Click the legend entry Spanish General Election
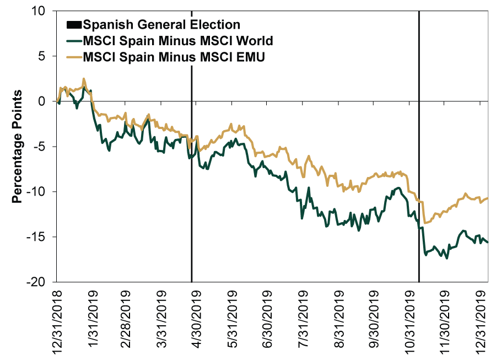[x=161, y=25]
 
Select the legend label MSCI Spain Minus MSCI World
[x=177, y=41]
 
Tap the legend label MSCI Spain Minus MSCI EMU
[x=174, y=57]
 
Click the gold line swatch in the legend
[x=73, y=57]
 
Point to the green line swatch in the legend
[x=73, y=41]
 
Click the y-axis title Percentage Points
[x=18, y=146]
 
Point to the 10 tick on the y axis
[x=44, y=12]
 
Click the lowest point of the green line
[x=446, y=258]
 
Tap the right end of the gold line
[x=488, y=198]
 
